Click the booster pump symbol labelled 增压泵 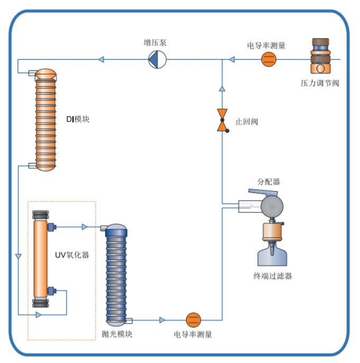pos(157,60)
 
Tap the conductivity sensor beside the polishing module pos(193,319)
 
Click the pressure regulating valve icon pos(320,55)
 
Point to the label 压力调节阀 pos(320,83)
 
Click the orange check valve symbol pos(222,120)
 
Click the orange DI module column pos(45,120)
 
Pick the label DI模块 pos(78,119)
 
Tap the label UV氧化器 pos(72,255)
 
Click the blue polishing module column pos(116,275)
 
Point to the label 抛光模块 pos(117,334)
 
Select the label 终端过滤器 pos(273,276)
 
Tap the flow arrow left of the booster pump pos(101,60)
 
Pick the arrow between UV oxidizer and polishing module pos(85,227)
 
